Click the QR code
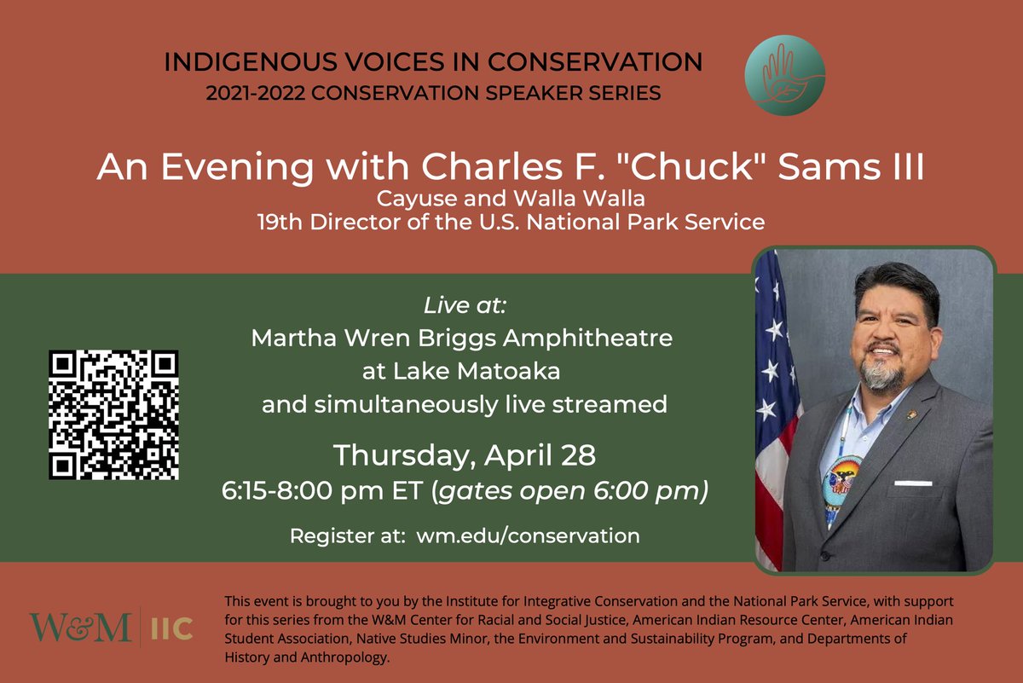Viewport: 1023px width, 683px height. click(113, 414)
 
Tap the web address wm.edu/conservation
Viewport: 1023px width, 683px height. click(528, 536)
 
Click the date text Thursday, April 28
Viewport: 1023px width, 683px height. click(464, 455)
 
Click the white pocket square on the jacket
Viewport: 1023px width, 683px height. click(913, 483)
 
